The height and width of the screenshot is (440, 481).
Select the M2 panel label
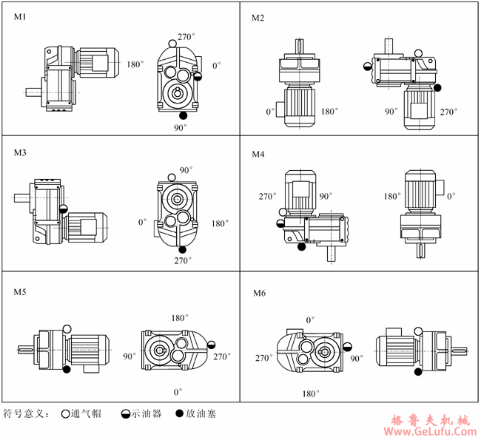coord(258,17)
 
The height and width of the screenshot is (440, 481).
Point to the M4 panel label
coord(258,155)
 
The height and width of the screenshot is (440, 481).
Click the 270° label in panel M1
coord(186,36)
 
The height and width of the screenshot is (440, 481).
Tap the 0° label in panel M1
coord(217,66)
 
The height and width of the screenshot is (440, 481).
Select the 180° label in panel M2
coord(330,112)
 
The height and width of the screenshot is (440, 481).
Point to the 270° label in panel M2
coord(448,112)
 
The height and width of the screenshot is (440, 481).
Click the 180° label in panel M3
coord(220,223)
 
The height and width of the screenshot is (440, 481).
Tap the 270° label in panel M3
coord(182,260)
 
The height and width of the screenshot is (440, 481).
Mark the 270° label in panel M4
coord(267,197)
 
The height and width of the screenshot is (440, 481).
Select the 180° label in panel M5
coord(178,318)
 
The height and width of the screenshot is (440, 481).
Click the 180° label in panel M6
coord(312,394)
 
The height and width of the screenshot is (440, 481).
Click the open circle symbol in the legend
coord(65,414)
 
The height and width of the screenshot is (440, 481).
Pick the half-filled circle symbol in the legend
coord(122,414)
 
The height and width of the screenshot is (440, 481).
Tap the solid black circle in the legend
coord(179,414)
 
